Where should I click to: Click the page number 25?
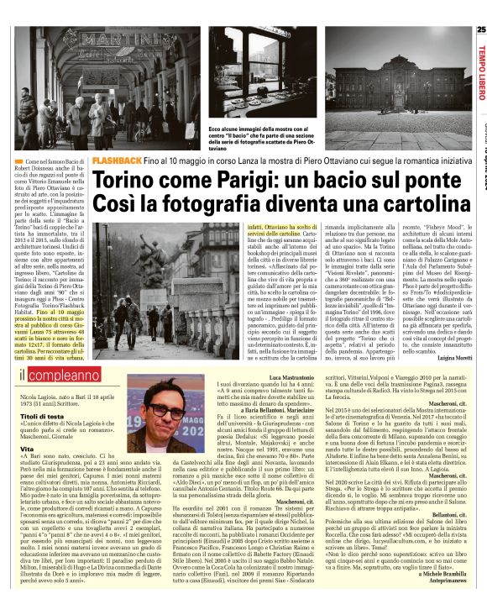tap(480, 31)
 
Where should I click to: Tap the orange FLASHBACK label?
tap(116, 160)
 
